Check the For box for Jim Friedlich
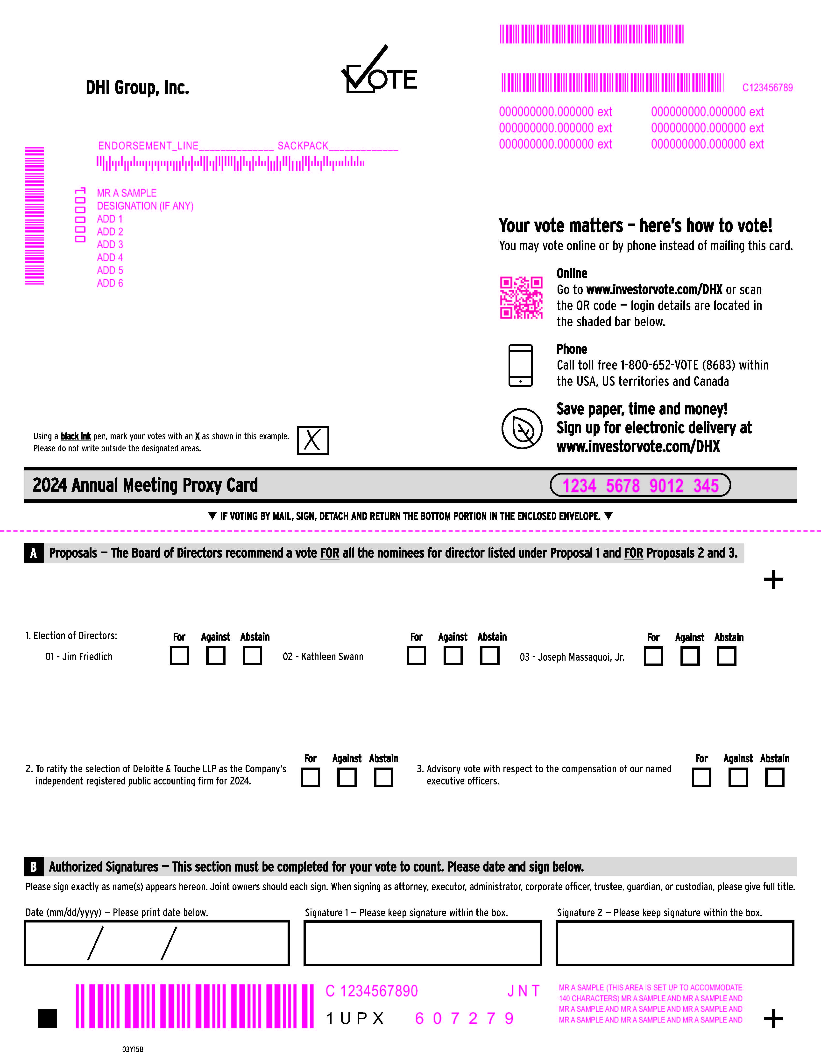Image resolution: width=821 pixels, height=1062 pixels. [179, 656]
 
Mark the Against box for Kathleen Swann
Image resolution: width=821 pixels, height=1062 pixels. [453, 656]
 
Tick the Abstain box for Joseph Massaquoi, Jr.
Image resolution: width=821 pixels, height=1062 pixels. [727, 656]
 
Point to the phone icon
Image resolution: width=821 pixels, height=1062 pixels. [520, 365]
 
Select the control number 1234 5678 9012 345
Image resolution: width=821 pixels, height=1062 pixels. [640, 485]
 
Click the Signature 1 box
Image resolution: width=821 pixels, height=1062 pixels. [423, 943]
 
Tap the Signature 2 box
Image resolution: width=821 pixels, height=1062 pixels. [675, 943]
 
